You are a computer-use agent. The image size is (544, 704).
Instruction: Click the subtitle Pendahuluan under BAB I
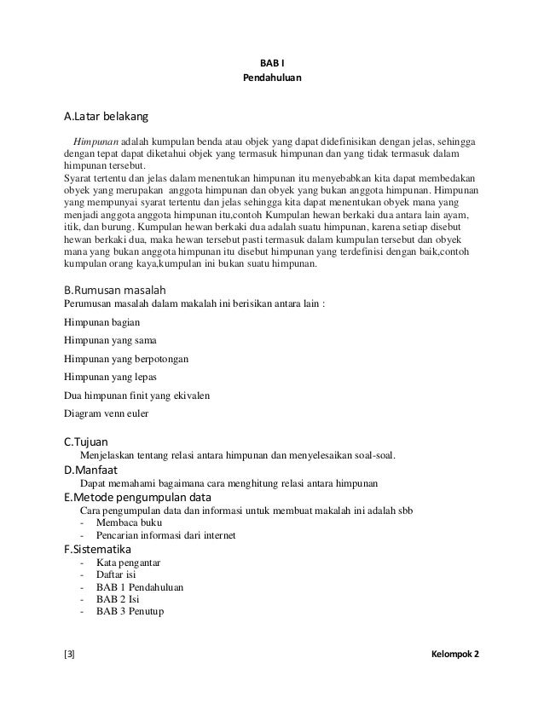(272, 79)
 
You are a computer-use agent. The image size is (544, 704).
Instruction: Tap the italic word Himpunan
(95, 140)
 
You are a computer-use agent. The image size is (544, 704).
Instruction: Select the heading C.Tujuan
(86, 441)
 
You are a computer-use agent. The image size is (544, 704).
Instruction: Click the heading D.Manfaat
(91, 470)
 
